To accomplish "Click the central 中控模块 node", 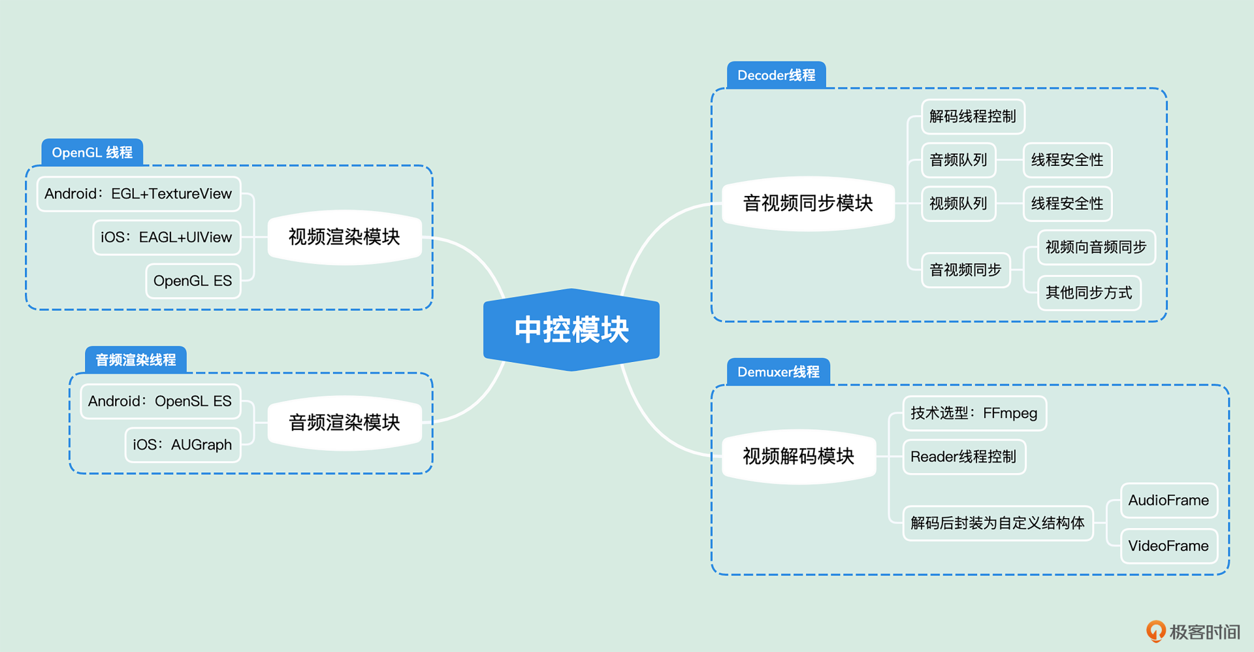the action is click(571, 329).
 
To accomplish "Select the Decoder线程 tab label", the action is click(777, 75).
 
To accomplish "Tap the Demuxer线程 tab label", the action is click(779, 372).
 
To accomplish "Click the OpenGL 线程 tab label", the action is click(92, 152).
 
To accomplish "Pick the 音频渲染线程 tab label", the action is click(136, 360).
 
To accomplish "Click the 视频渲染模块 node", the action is click(345, 237).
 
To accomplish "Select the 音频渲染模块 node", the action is click(345, 423).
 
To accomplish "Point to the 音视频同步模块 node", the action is click(809, 203).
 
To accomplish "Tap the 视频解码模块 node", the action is click(799, 456).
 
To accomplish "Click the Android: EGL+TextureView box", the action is click(138, 194).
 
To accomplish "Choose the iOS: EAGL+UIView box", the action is click(167, 237).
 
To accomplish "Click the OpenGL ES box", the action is click(193, 281).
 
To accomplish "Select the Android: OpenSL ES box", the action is click(160, 401).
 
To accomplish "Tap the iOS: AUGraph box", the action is click(183, 445).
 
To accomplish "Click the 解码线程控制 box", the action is click(973, 116).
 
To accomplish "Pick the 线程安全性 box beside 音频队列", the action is click(1067, 160).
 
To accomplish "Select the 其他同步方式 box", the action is click(1089, 293).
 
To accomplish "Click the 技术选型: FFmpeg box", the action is click(974, 413).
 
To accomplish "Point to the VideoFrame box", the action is click(1169, 546).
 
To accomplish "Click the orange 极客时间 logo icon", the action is click(1156, 631).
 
